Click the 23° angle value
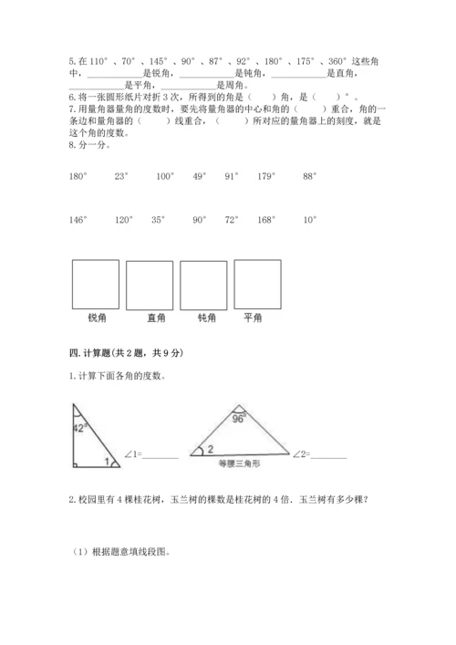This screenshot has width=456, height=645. pos(122,177)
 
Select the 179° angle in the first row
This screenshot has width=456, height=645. pos(266,177)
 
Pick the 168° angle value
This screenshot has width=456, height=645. pos(266,220)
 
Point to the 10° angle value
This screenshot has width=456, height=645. pos(309,220)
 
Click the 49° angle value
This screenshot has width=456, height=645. pos(200,177)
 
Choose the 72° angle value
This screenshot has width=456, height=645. pos(231,220)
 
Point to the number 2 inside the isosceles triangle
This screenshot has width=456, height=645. pos(210,449)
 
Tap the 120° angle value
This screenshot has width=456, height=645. pos(123,220)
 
